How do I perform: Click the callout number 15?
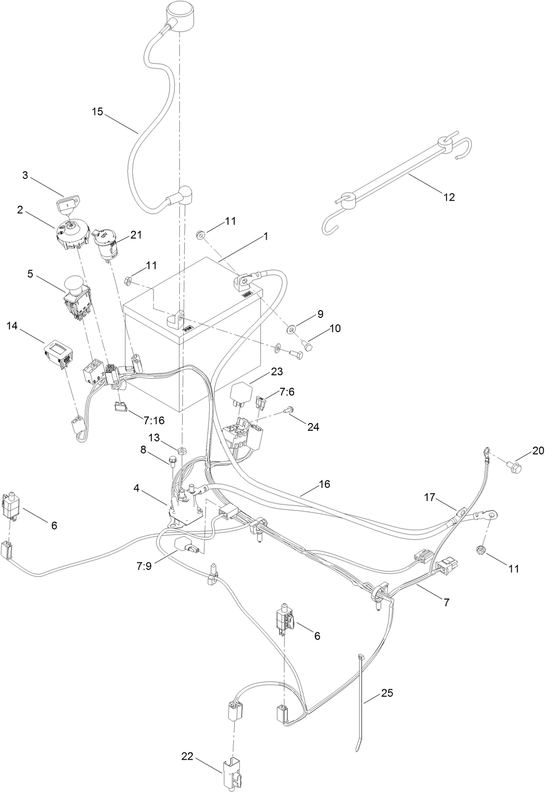point(97,111)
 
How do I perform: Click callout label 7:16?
point(153,420)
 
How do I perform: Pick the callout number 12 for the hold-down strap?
point(449,197)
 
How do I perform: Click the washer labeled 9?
point(292,329)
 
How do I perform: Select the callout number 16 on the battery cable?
point(324,484)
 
